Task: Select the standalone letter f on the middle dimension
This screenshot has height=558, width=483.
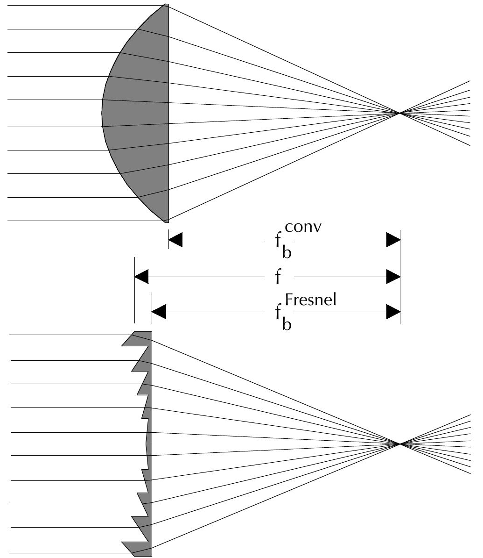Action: [x=279, y=277]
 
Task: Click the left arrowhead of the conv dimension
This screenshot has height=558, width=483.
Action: [x=175, y=240]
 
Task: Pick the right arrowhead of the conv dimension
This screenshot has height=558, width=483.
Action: [x=393, y=240]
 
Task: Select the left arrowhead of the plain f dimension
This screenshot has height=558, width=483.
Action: [x=141, y=277]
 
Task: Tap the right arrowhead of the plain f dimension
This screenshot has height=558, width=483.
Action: [x=393, y=277]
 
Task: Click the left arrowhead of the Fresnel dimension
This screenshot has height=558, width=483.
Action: [x=159, y=312]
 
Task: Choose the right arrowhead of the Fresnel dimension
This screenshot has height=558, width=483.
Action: [x=393, y=312]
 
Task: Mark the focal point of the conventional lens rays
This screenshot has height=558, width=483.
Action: [x=399, y=113]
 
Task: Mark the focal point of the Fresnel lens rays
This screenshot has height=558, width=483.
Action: [x=399, y=444]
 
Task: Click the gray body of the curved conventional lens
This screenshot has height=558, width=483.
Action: [x=135, y=112]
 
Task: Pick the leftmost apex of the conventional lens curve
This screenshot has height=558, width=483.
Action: [x=103, y=113]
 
